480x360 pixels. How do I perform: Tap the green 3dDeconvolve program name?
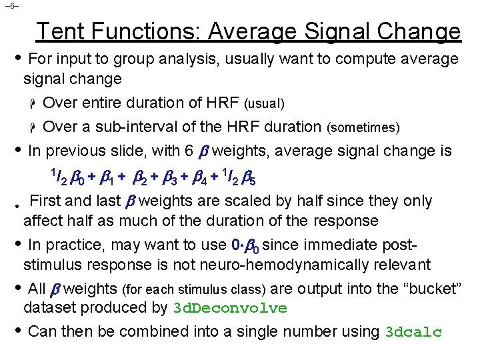(230, 309)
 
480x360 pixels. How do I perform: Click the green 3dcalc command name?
(414, 332)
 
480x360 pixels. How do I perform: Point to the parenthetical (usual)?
(265, 104)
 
